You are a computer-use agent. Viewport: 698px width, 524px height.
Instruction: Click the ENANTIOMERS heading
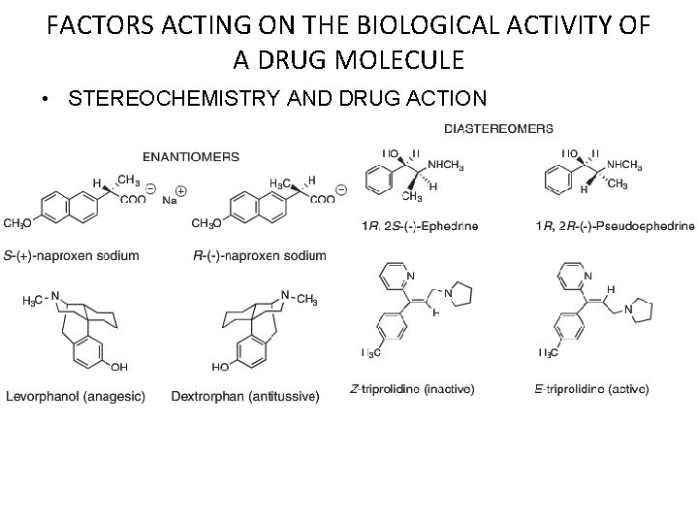click(x=191, y=155)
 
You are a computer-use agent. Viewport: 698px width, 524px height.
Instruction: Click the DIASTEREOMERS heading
click(x=499, y=127)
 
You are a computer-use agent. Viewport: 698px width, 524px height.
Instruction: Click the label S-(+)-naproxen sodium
click(x=72, y=255)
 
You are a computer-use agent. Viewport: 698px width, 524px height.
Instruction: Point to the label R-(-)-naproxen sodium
click(x=260, y=255)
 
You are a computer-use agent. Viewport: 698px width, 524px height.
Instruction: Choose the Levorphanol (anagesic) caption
click(x=75, y=395)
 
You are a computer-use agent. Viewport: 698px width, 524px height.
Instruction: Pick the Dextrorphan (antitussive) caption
click(x=244, y=395)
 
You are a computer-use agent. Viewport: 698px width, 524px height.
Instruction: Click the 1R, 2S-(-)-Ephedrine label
click(x=420, y=226)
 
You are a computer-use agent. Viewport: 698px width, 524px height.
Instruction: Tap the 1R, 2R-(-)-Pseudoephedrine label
click(x=615, y=226)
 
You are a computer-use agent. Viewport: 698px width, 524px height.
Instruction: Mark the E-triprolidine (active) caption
click(x=591, y=389)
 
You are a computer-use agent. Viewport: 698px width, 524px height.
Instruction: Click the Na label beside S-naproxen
click(x=170, y=201)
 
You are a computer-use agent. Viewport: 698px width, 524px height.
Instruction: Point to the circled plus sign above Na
click(x=181, y=190)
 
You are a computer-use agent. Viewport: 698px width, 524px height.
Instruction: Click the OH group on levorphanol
click(x=119, y=366)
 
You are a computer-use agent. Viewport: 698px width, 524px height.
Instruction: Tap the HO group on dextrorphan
click(x=219, y=367)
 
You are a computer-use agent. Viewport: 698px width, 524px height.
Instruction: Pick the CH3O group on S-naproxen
click(x=16, y=224)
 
